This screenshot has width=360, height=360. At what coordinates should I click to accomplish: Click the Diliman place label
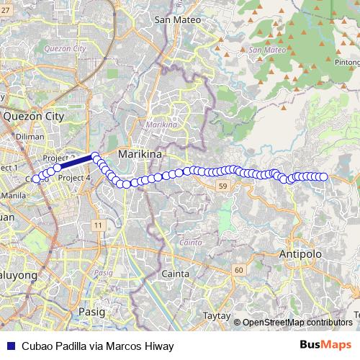(30, 135)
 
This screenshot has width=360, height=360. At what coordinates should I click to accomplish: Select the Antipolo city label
(301, 253)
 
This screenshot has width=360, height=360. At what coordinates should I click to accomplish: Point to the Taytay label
(216, 315)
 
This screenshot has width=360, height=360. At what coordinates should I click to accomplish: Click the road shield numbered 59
(223, 186)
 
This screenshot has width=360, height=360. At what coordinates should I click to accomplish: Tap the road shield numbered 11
(97, 225)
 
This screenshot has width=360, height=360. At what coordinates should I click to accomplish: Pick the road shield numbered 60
(238, 269)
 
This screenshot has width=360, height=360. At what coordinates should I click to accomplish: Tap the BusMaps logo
(326, 346)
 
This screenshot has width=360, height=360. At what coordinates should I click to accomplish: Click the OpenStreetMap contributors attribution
(297, 323)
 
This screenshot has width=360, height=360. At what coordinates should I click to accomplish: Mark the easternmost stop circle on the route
(323, 177)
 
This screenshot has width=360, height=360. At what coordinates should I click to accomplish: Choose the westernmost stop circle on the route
(35, 179)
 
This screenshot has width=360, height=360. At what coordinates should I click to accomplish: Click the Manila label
(14, 195)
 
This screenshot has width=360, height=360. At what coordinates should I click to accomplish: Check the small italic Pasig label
(104, 273)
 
